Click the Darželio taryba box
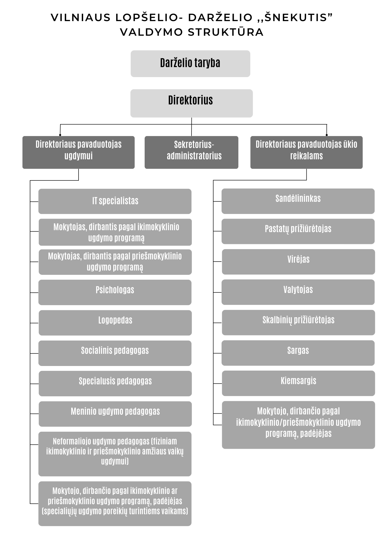coord(190,64)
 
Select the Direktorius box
coord(192,103)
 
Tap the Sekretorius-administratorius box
coord(192,152)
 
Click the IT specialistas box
coord(115,201)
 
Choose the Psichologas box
coord(115,292)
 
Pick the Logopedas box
coord(115,323)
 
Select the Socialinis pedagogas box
coord(115,353)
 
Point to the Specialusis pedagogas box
coord(115,384)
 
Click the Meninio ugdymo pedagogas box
coord(115,414)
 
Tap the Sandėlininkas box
coord(298,201)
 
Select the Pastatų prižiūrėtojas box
coord(298,232)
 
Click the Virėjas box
coord(298,262)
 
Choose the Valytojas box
coord(298,292)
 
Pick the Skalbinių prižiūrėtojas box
coord(298,323)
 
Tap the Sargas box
coord(298,353)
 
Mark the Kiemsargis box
coord(298,383)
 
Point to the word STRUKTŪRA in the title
coord(226,32)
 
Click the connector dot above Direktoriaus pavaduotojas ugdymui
coord(60,135)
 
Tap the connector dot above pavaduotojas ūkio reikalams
coord(327,135)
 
